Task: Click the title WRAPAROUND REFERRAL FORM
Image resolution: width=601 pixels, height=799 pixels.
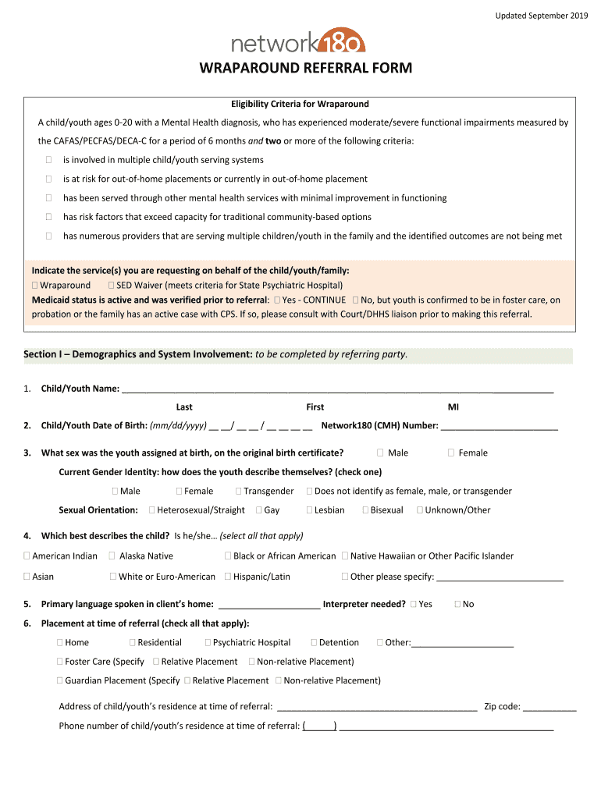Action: tap(306, 69)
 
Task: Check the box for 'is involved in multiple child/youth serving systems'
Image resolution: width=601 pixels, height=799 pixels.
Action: tap(48, 160)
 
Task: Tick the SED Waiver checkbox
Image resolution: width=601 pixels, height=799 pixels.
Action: tap(112, 286)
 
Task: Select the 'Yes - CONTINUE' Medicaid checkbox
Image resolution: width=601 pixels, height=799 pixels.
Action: tap(277, 300)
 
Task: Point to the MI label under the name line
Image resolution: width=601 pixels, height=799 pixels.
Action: tap(453, 407)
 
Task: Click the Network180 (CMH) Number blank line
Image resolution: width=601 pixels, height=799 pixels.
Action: tap(500, 426)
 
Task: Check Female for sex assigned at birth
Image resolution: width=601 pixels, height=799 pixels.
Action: tap(451, 453)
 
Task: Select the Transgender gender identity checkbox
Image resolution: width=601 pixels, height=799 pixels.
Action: tap(239, 492)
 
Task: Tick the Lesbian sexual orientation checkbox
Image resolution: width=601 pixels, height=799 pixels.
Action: tap(309, 510)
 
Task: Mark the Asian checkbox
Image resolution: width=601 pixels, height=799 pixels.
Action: tap(27, 577)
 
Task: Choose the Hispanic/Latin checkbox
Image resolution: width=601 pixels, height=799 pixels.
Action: tap(228, 577)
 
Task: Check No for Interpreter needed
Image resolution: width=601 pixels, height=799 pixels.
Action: tap(458, 605)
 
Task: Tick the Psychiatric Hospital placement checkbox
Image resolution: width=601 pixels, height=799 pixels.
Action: tap(208, 643)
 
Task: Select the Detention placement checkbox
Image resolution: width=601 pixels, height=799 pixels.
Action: tap(314, 643)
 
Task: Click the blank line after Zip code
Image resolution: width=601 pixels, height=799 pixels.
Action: tap(549, 707)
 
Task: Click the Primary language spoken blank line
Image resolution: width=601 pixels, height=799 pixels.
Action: tap(269, 605)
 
